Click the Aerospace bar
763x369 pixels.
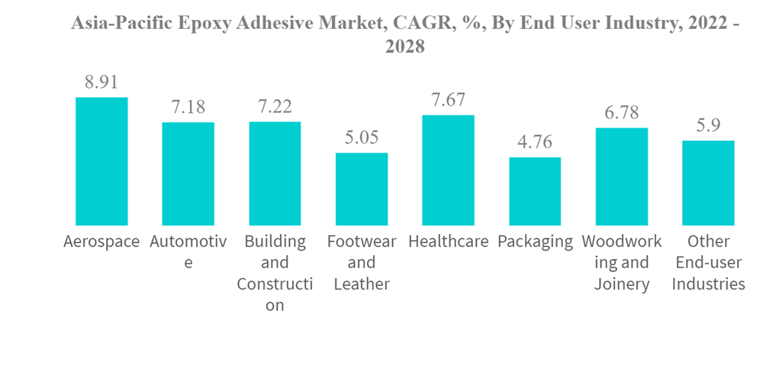tap(101, 161)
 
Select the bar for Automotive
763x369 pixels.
tap(188, 173)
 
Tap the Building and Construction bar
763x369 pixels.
tap(275, 173)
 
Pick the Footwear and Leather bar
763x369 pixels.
tap(362, 189)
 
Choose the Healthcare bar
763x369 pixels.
tap(448, 170)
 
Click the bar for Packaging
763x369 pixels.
tap(535, 191)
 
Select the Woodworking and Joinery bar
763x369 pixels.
tap(622, 176)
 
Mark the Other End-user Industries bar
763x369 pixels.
tap(708, 183)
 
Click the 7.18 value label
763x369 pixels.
tap(188, 107)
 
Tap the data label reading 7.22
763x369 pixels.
tap(275, 106)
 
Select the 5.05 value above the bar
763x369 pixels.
tap(362, 138)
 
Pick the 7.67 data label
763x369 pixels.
tap(448, 100)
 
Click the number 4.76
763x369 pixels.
tap(535, 142)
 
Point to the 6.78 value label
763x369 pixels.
tap(622, 113)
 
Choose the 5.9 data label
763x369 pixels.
tap(708, 125)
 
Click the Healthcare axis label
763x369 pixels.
tap(448, 242)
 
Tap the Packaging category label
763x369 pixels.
tap(535, 242)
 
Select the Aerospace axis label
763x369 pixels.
tap(101, 242)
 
